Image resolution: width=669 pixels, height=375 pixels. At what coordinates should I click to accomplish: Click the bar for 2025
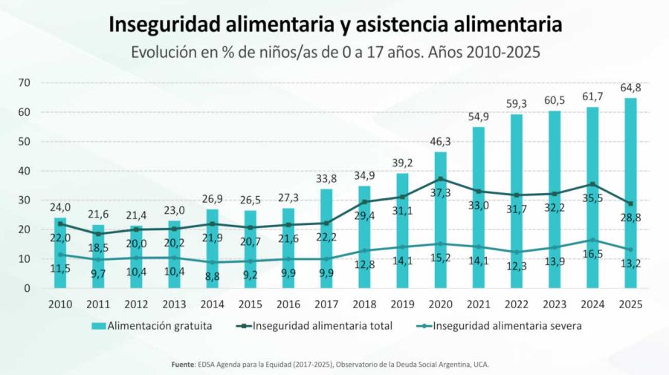[x=630, y=193]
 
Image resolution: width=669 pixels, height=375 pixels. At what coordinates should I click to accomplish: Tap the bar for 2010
[x=60, y=252]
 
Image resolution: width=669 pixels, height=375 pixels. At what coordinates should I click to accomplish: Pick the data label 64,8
[x=630, y=88]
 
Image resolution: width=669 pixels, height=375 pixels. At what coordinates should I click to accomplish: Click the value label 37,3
[x=441, y=192]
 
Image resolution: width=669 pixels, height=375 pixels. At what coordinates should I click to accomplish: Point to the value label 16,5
[x=592, y=254]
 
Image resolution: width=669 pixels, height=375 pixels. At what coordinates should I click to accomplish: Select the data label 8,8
[x=213, y=275]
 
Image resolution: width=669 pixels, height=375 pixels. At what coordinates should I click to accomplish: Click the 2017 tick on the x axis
[x=326, y=304]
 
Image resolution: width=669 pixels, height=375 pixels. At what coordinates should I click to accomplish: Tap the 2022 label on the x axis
[x=517, y=304]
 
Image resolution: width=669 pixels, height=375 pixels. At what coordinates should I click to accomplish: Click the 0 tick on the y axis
[x=28, y=288]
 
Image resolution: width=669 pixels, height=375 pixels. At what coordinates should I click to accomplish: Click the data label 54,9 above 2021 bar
[x=479, y=117]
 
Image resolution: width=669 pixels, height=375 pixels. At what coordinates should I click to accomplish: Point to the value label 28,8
[x=630, y=217]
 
